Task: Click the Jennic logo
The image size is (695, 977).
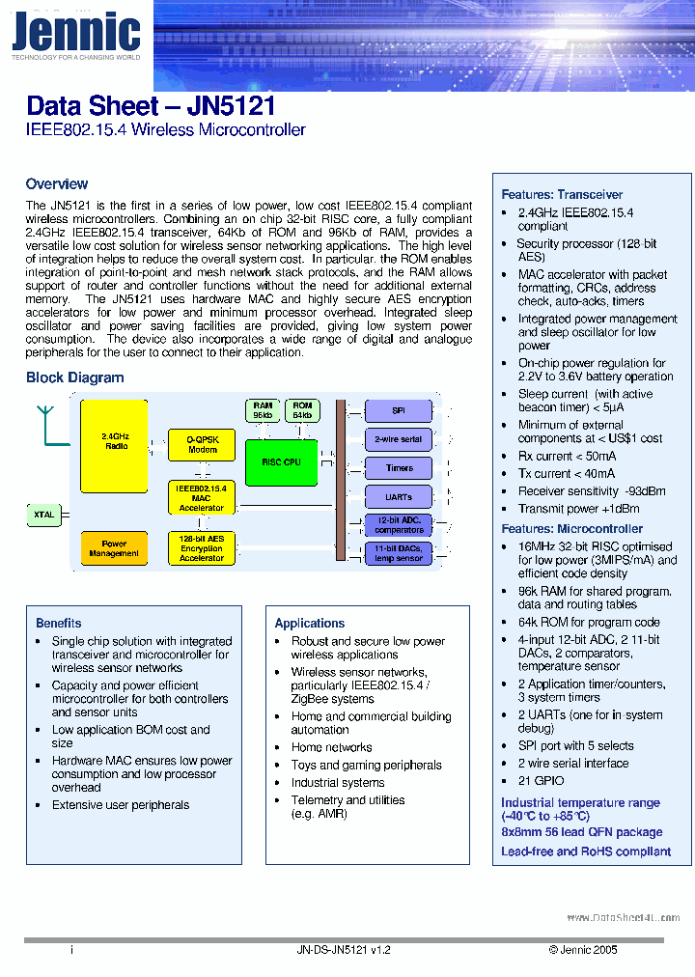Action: pos(75,35)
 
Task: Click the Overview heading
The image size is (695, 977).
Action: pos(57,183)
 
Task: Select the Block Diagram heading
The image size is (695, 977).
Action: pos(74,377)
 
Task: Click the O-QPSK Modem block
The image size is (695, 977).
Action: pos(202,444)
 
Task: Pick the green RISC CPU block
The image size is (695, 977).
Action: pos(281,462)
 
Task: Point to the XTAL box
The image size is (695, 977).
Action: pos(43,515)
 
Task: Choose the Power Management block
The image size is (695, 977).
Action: pos(114,548)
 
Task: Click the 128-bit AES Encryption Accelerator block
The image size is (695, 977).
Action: pos(201,548)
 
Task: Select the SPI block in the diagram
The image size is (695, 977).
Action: pos(399,411)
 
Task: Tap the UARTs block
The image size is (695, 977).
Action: pos(399,497)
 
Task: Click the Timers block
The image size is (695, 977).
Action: pos(399,468)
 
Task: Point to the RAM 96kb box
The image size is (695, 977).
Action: pos(263,410)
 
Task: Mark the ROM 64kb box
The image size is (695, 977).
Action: pos(302,410)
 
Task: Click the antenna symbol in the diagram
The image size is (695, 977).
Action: pos(44,422)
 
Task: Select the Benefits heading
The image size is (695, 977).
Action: pos(59,623)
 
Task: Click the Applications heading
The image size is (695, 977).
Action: pos(310,623)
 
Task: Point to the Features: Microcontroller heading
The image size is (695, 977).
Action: pos(571,528)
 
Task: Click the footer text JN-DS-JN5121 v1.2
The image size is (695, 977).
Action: pos(345,950)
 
